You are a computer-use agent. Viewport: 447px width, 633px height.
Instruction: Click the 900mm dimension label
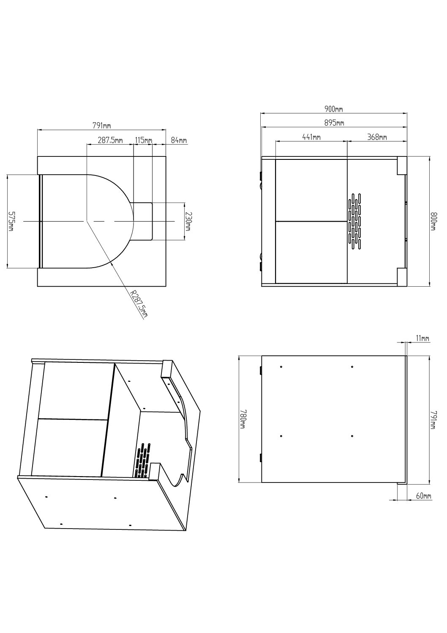tap(334, 109)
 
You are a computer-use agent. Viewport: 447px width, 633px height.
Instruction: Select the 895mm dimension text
tap(334, 123)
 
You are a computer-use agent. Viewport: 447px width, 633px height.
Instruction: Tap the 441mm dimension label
tap(311, 137)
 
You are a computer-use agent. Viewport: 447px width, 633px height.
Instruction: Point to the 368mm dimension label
tap(377, 137)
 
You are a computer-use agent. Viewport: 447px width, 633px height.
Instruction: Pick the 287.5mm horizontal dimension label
tap(110, 140)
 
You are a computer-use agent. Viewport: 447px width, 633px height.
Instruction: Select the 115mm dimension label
tap(143, 140)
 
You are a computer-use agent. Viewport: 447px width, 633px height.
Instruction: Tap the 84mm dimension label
tap(179, 140)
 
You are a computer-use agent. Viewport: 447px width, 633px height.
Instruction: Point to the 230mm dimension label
tap(188, 221)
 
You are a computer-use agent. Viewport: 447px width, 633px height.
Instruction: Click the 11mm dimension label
tap(422, 338)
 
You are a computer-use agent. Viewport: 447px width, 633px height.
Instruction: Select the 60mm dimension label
tap(423, 496)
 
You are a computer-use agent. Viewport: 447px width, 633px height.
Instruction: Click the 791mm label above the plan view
tap(101, 126)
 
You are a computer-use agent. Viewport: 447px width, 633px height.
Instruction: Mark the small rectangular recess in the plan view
tap(142, 221)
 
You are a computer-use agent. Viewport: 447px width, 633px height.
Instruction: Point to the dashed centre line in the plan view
tap(99, 221)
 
